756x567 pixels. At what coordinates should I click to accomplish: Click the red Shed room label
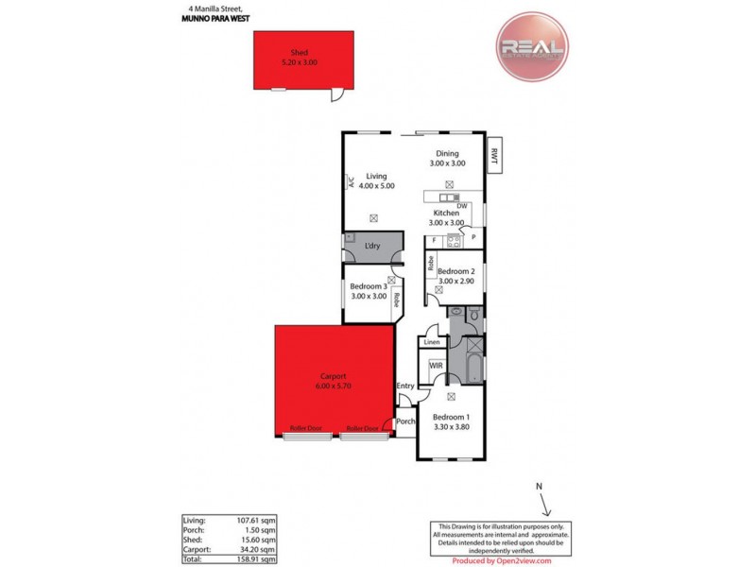pyautogui.click(x=299, y=53)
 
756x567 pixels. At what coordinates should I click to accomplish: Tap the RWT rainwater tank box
pyautogui.click(x=494, y=157)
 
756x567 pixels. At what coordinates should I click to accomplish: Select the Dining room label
pyautogui.click(x=447, y=154)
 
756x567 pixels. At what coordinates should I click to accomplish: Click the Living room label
pyautogui.click(x=377, y=177)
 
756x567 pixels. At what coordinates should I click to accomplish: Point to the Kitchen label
pyautogui.click(x=447, y=214)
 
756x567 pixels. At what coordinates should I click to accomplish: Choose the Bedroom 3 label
pyautogui.click(x=369, y=286)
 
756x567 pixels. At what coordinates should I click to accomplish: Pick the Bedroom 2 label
pyautogui.click(x=461, y=271)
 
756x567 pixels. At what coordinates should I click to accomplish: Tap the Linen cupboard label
pyautogui.click(x=433, y=342)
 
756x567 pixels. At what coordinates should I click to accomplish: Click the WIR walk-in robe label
pyautogui.click(x=436, y=365)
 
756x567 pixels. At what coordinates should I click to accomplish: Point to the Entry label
pyautogui.click(x=405, y=386)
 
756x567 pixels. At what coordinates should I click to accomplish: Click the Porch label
pyautogui.click(x=405, y=421)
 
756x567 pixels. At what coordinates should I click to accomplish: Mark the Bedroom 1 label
pyautogui.click(x=450, y=417)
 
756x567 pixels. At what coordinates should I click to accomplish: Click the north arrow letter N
pyautogui.click(x=539, y=487)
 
